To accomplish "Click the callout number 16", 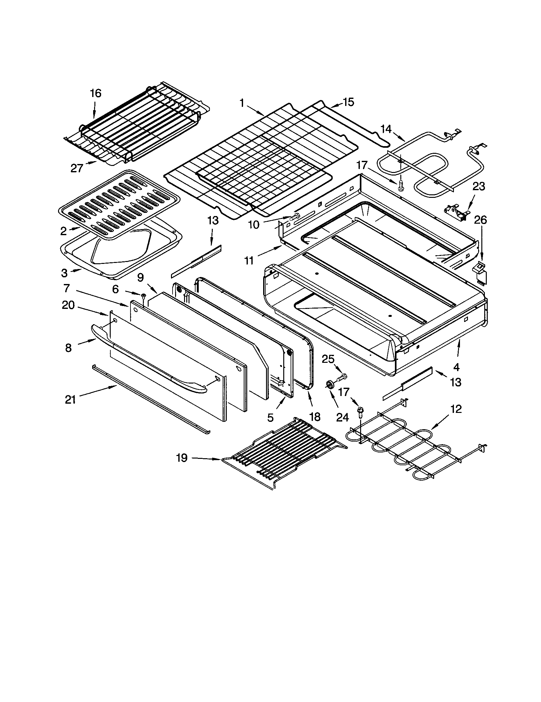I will point(95,93).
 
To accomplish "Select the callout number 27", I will point(77,168).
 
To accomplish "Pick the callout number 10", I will point(254,225).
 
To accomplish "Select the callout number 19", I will point(182,458).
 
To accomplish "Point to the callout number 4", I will point(456,367).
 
